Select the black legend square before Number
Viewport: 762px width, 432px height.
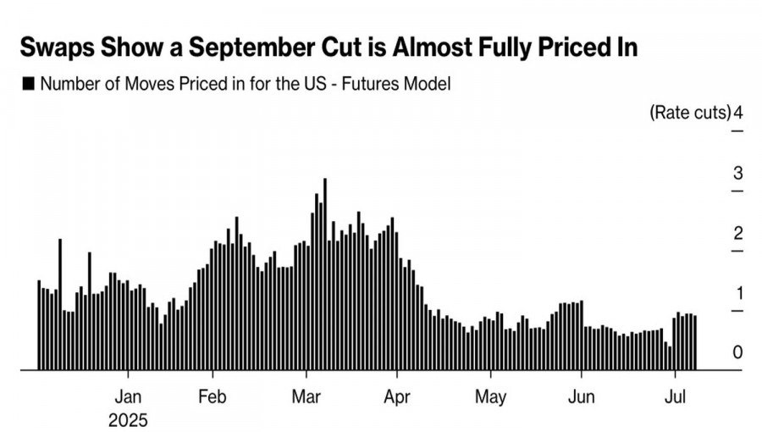(28, 83)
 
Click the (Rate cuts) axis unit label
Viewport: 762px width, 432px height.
(688, 113)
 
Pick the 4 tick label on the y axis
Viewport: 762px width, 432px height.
(738, 113)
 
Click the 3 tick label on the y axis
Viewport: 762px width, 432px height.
(737, 174)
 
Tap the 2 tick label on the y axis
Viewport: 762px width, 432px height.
(737, 234)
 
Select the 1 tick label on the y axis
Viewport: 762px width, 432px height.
(737, 293)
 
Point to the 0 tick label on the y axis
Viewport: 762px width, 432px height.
(737, 352)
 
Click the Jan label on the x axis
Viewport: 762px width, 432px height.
(128, 396)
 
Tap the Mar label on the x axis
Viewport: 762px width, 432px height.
(306, 396)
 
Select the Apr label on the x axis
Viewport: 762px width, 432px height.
(397, 396)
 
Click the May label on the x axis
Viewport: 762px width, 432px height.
(490, 396)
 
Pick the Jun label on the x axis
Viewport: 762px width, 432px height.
(582, 396)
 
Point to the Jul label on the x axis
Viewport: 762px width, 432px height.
(675, 396)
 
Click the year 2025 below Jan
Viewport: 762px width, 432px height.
(128, 419)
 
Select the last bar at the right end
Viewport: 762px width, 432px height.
(695, 342)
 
